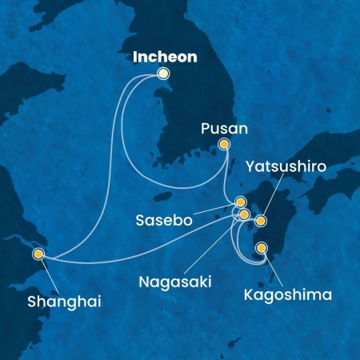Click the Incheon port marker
point(163,74)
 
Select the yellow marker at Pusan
point(225,145)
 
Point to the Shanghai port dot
point(38,254)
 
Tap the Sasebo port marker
point(240,202)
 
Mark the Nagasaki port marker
point(244,214)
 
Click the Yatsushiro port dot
point(260,219)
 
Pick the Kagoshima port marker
point(261,249)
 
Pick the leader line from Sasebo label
point(216,210)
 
